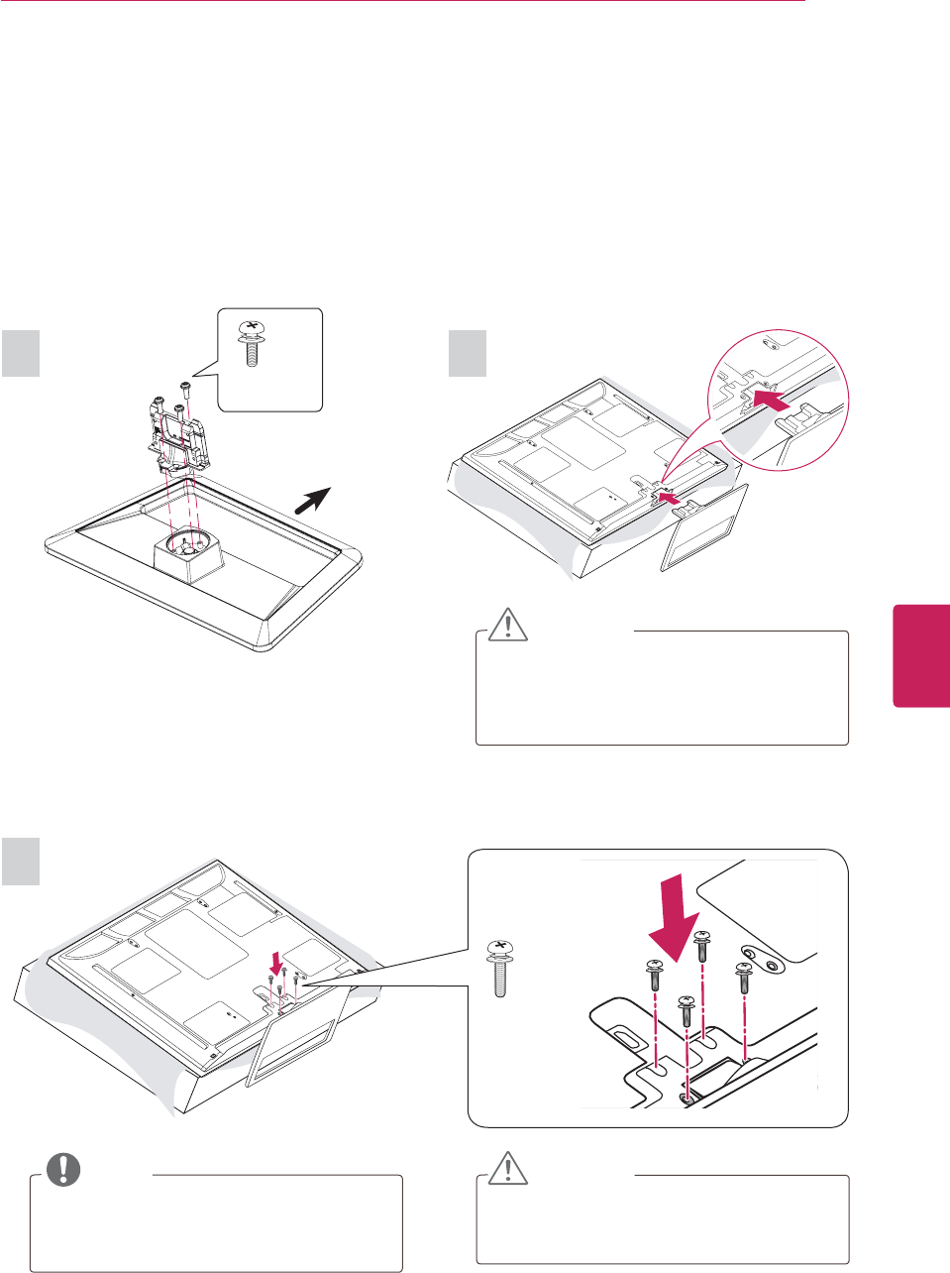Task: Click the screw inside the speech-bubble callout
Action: (252, 343)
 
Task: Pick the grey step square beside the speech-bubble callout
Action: (21, 353)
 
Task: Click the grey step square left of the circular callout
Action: (468, 353)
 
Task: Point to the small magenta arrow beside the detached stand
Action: (671, 503)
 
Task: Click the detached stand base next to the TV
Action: (700, 530)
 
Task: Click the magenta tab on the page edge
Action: (921, 654)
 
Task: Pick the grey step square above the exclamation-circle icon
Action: (21, 861)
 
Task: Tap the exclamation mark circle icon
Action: (63, 1169)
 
